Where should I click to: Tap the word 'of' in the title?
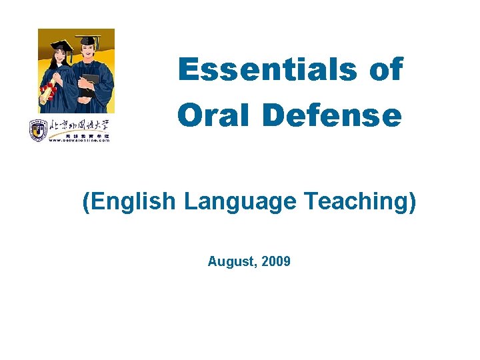pyautogui.click(x=386, y=69)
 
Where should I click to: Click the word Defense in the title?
pyautogui.click(x=332, y=115)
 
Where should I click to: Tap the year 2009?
pyautogui.click(x=276, y=261)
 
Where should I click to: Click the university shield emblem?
pyautogui.click(x=37, y=129)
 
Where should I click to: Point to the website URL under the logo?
pyautogui.click(x=78, y=139)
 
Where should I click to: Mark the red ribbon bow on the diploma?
pyautogui.click(x=45, y=89)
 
